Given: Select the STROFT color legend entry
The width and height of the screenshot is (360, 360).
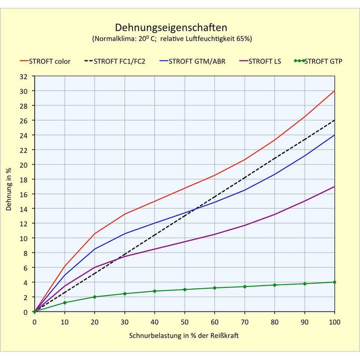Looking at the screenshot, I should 49,61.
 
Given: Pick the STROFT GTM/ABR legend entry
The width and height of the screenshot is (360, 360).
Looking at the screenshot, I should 196,61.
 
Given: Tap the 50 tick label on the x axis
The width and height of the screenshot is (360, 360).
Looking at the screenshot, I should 184,322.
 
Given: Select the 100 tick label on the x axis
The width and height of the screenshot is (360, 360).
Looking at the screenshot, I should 334,322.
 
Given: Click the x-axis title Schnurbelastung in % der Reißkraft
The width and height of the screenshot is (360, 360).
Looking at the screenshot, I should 184,336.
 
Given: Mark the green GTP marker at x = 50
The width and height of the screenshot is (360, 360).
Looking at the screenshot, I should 184,289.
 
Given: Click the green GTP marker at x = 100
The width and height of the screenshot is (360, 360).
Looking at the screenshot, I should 334,282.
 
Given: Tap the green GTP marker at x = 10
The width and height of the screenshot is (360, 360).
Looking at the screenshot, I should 65,303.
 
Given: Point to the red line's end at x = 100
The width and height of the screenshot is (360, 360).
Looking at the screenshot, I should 334,91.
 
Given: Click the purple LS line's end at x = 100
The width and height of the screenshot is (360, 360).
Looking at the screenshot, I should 334,187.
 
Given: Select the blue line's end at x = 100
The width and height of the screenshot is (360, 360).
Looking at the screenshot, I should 334,135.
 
